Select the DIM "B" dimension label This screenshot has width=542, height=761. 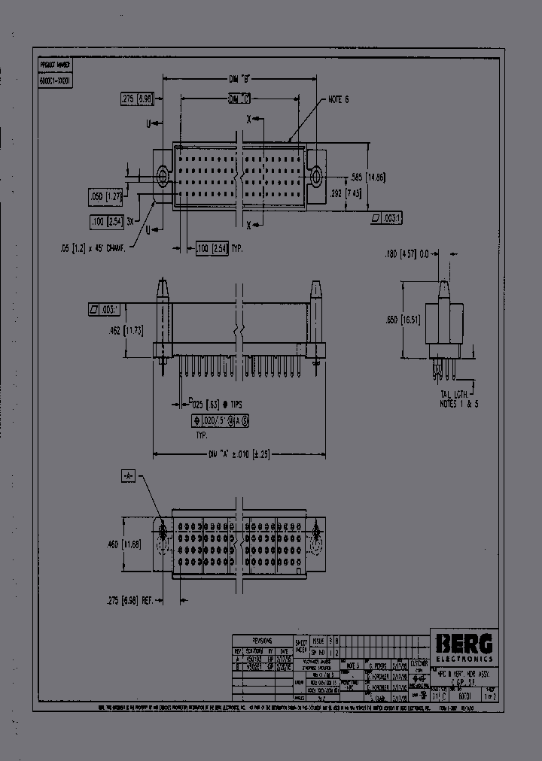tap(239, 77)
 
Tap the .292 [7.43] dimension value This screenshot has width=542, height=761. tap(346, 193)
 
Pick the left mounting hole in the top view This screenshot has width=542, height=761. tap(163, 177)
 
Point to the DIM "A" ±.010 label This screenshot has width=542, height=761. tap(239, 454)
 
